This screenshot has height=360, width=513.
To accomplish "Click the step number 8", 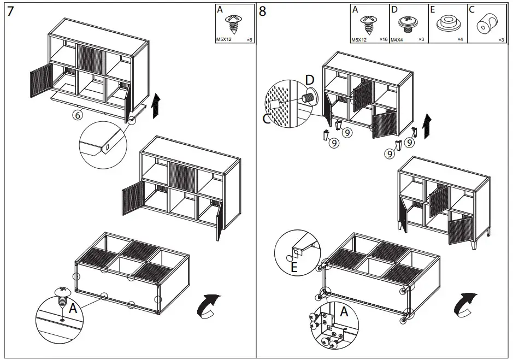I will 263,11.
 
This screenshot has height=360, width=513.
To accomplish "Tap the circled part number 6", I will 78,115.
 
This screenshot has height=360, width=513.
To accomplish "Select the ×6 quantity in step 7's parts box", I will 249,40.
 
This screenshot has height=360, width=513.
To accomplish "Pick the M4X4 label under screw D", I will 397,40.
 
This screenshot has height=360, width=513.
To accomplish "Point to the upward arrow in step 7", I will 156,105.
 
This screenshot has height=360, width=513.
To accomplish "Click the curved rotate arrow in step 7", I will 208,305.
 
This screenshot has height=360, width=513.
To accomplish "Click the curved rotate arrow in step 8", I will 465,304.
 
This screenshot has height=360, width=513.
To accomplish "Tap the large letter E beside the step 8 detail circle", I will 294,267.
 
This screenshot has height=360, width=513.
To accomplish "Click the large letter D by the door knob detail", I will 310,80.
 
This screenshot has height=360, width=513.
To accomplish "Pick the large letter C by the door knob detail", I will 267,118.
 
